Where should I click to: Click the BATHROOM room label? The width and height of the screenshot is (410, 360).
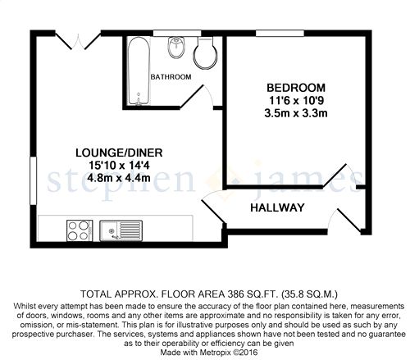[171, 77]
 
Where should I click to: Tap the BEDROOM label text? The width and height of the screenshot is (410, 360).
[296, 88]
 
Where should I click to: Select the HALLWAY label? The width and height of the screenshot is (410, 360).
[277, 207]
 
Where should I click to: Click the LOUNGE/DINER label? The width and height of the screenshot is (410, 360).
[119, 153]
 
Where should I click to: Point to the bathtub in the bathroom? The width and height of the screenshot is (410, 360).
[139, 71]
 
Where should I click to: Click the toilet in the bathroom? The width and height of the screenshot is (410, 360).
[206, 52]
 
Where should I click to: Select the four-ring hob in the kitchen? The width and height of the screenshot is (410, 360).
[80, 230]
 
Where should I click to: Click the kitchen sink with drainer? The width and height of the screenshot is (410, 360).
[121, 231]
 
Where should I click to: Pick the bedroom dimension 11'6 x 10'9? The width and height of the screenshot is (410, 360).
[296, 101]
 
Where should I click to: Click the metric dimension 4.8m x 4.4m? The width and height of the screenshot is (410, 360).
[119, 178]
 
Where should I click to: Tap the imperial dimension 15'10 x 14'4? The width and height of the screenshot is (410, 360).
[119, 166]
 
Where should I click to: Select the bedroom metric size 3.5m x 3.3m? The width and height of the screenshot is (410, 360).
[296, 113]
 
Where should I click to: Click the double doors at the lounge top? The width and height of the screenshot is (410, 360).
[78, 40]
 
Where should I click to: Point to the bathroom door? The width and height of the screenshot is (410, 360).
[197, 96]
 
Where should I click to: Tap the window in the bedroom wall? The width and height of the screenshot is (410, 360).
[280, 33]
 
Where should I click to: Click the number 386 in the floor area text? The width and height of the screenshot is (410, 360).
[235, 294]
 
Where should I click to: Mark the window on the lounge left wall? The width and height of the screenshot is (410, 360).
[33, 180]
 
